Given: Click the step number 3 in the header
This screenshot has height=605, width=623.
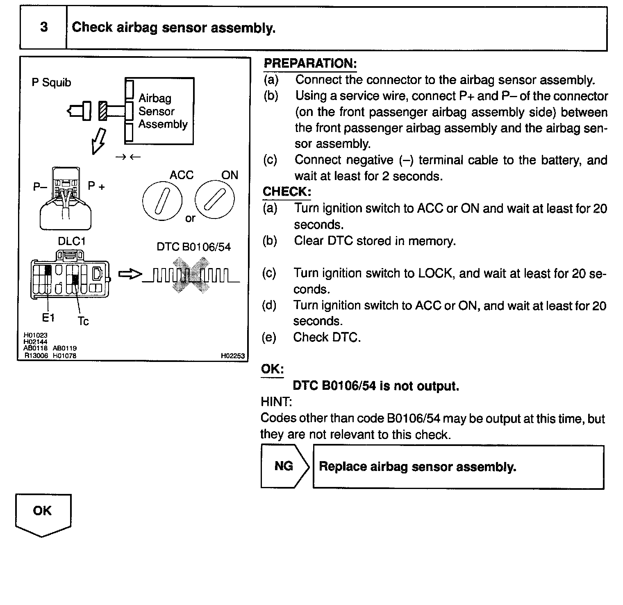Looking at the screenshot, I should (44, 27).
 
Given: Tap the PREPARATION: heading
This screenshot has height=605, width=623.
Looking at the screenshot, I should (310, 64).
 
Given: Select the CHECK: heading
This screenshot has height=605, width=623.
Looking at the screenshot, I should (287, 192).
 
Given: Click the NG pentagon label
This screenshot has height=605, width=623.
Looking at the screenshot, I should (284, 466).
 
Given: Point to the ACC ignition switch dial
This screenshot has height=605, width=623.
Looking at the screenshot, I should (162, 200).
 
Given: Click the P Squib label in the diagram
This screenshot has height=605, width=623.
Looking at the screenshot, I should (51, 82).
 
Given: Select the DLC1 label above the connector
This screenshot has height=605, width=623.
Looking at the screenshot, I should (71, 241).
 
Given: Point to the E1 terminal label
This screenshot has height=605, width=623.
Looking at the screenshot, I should (48, 318).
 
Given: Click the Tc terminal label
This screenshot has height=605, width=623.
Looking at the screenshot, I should (83, 321).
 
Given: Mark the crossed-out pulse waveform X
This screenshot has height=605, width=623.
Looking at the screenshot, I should (190, 275).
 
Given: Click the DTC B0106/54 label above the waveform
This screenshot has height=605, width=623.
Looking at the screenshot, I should (193, 247).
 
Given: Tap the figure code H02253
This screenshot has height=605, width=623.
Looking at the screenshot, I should (232, 356).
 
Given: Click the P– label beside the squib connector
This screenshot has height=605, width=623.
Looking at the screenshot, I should (40, 187).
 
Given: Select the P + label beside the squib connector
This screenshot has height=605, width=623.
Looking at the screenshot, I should (96, 187).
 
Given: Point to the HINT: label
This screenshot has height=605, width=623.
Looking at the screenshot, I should (276, 401).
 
